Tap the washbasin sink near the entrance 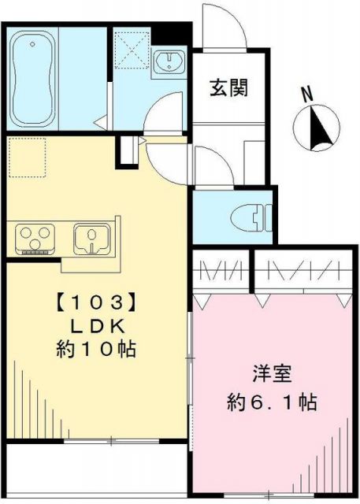tap(169, 63)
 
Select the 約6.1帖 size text tap(268, 403)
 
